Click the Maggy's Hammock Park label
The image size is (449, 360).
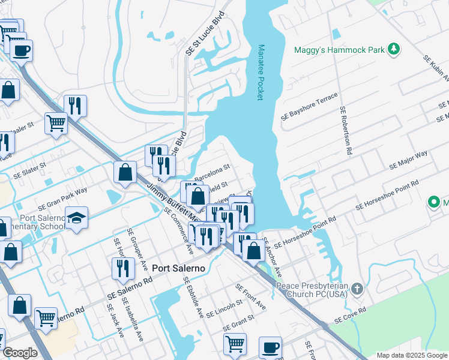point(339,50)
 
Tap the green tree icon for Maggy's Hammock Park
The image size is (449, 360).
point(394,49)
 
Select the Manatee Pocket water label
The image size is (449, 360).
point(261,72)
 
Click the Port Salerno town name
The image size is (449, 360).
point(178,268)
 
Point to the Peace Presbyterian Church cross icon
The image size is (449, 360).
point(357,289)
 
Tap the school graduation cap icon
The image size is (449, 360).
point(77,218)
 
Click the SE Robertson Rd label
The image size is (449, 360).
point(346,131)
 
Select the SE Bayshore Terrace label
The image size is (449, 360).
point(313,106)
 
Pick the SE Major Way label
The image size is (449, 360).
point(408,160)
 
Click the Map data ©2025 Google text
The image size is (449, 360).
point(411,355)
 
